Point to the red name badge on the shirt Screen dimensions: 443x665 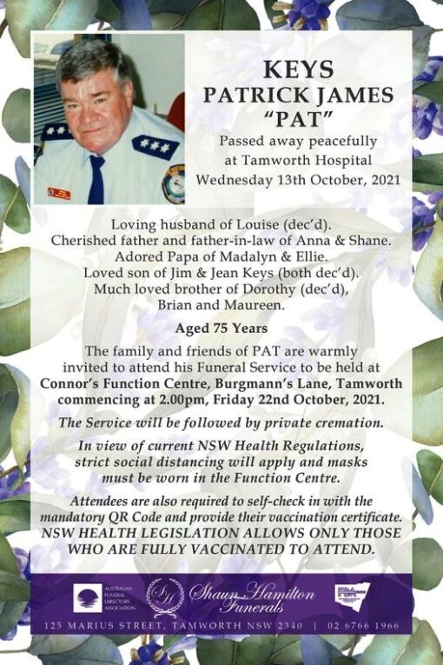59,193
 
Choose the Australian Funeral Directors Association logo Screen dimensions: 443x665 89,597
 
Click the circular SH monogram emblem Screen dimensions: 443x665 165,596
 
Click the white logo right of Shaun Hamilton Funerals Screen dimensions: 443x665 353,595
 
